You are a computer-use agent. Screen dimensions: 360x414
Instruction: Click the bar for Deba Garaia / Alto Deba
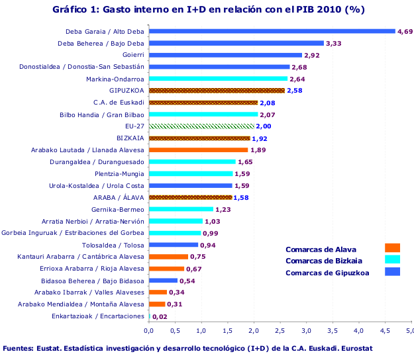[272, 31]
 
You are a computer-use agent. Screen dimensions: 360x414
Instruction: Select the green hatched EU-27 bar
[201, 126]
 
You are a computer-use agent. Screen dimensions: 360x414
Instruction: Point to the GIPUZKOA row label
[127, 91]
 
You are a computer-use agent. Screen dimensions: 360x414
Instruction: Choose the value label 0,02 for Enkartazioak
[160, 316]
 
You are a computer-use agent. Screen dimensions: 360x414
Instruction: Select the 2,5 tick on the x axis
[280, 330]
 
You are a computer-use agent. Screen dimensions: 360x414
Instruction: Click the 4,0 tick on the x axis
[358, 330]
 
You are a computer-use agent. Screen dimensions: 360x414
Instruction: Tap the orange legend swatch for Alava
[392, 248]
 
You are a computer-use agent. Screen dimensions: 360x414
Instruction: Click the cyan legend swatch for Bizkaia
[392, 259]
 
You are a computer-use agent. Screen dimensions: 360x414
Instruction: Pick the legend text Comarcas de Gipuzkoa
[327, 271]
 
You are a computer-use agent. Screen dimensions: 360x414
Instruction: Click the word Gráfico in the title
[71, 9]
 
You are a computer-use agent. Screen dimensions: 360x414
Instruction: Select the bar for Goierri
[225, 55]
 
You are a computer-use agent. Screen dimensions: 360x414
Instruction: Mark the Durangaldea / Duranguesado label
[97, 161]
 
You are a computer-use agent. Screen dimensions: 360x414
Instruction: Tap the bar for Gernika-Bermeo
[181, 209]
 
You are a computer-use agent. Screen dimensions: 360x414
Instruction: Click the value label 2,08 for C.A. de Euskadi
[268, 103]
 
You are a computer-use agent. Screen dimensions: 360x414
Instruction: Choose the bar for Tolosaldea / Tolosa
[173, 245]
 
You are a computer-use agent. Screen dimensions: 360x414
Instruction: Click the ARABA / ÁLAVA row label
[119, 197]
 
